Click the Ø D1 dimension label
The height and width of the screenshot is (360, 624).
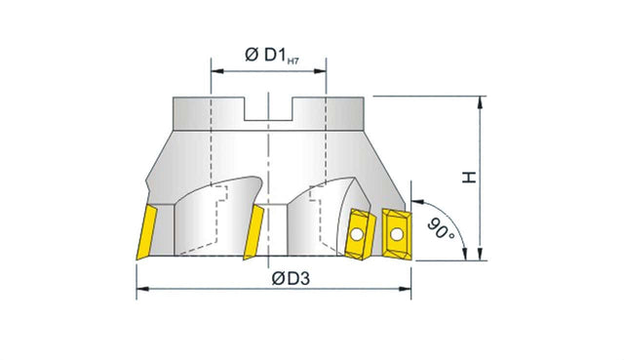click(265, 55)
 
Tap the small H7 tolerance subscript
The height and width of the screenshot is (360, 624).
click(292, 60)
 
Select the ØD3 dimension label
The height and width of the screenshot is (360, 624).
click(291, 278)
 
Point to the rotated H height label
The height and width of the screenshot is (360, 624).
click(469, 178)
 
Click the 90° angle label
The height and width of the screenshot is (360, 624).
click(441, 228)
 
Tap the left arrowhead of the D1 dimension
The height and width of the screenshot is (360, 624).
click(217, 71)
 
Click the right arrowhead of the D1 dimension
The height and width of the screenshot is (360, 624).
click(320, 71)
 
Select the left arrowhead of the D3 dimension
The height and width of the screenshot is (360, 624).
click(143, 289)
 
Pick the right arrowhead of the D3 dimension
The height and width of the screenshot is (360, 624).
click(405, 289)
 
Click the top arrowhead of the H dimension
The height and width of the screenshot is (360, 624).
click(481, 102)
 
